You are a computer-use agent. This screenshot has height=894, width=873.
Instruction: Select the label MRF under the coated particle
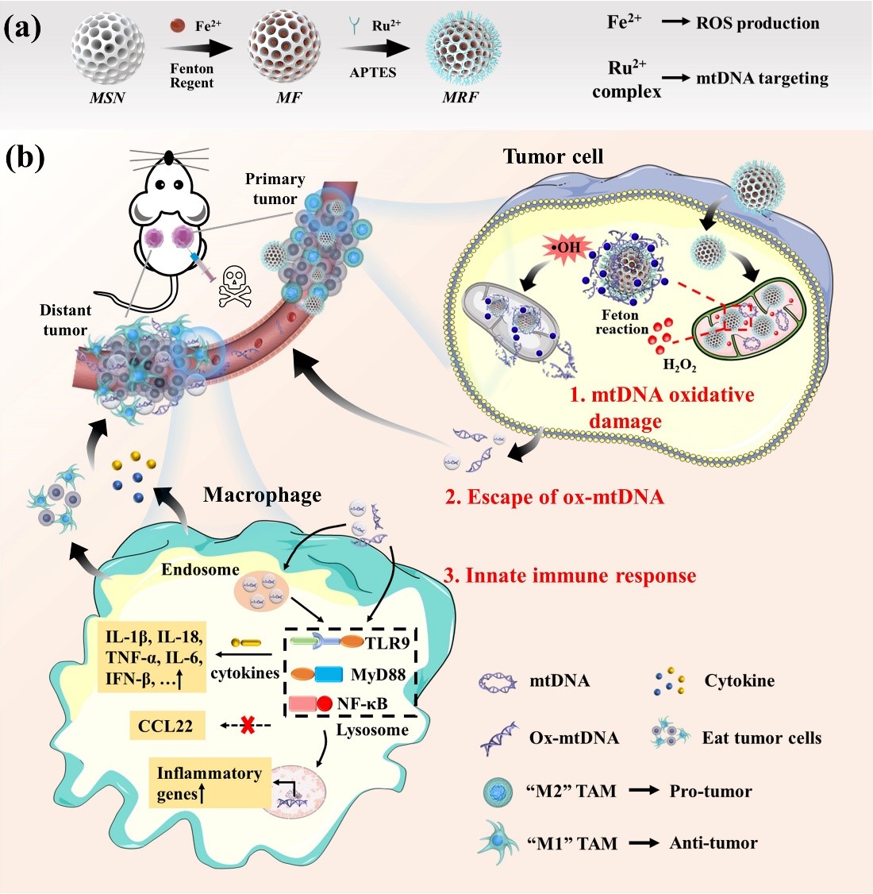460,98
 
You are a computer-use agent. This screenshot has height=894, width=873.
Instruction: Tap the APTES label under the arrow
373,73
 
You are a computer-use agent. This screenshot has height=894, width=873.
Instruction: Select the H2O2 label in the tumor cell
679,365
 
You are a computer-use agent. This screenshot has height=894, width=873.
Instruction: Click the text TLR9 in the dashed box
387,642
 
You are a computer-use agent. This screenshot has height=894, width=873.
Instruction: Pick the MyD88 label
379,675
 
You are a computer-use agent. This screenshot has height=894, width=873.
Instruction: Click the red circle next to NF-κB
325,703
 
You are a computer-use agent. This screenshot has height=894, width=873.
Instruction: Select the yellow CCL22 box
165,726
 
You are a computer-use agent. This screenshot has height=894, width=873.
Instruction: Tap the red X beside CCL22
248,725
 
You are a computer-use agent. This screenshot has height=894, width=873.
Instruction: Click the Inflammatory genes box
210,783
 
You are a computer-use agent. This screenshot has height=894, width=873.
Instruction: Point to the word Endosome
200,569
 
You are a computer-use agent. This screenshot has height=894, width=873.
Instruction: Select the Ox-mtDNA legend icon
498,738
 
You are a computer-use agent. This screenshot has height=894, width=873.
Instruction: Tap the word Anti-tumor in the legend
713,843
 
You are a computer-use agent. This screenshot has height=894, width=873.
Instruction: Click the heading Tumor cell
553,156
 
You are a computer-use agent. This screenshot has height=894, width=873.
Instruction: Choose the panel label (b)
25,157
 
